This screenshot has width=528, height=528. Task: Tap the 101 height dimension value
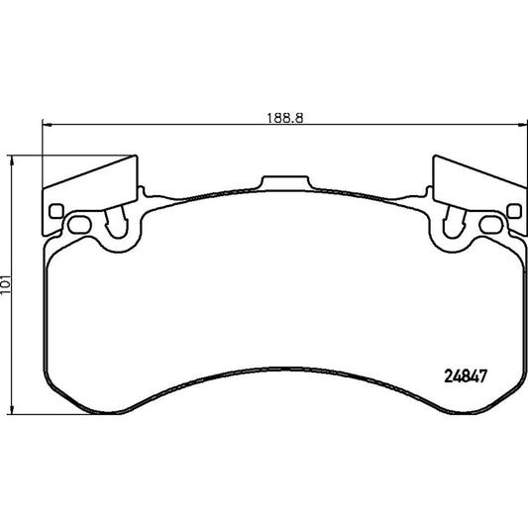tap(8, 284)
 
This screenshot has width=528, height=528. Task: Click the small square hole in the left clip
tap(55, 210)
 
